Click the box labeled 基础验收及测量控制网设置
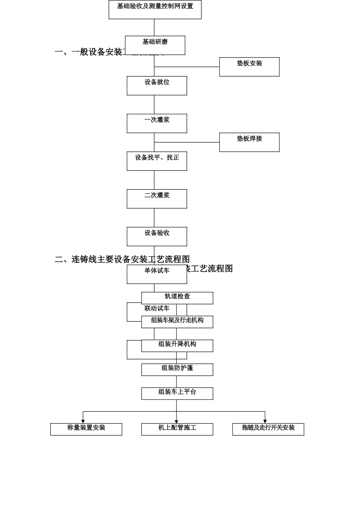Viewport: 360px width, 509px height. coord(155,9)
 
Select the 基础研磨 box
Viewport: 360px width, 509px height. coord(155,45)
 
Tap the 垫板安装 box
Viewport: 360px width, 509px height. coord(249,67)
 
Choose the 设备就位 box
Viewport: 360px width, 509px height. coord(157,86)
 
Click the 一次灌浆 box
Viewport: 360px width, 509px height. coord(157,123)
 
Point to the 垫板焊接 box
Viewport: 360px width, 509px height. coord(249,142)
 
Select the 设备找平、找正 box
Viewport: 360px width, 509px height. coord(157,161)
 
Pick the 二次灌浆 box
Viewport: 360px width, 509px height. coord(157,199)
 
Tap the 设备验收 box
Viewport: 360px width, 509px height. coord(157,236)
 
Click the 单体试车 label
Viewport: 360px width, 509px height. coord(157,271)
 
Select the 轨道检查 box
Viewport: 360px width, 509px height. coord(177,298)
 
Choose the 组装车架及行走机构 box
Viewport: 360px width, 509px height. coord(177,322)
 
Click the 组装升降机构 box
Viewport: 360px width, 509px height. coord(177,345)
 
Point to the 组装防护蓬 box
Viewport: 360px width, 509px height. coord(177,370)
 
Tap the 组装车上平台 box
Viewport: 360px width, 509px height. coord(177,393)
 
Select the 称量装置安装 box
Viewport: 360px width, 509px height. coord(86,429)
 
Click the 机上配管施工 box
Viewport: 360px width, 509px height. coord(177,429)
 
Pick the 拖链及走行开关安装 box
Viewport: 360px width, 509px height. coord(268,429)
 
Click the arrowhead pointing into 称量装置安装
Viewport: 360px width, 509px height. coord(83,421)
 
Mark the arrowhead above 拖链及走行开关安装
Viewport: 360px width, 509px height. coord(265,421)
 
